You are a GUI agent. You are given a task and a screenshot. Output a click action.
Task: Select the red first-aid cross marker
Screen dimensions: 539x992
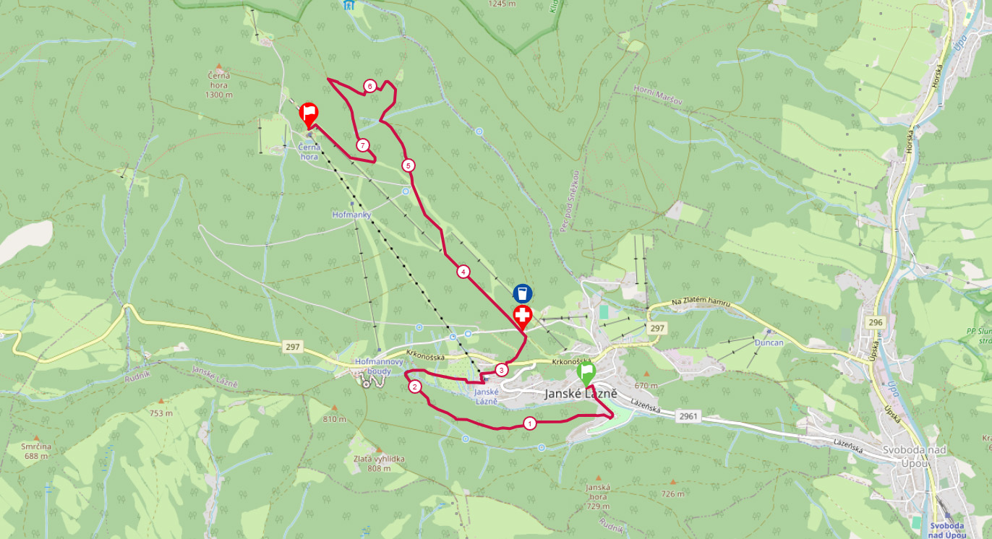tap(523, 316)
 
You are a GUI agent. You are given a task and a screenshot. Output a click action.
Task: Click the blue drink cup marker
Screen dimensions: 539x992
tap(523, 293)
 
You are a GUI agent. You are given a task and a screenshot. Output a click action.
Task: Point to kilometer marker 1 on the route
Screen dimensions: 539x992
tap(530, 423)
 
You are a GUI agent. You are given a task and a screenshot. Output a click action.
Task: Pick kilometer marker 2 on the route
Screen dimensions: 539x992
tap(415, 387)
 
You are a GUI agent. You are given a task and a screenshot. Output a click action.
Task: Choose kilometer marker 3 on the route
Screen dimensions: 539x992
tap(502, 370)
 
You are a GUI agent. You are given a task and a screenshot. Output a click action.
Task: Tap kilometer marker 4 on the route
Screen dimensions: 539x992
tap(463, 272)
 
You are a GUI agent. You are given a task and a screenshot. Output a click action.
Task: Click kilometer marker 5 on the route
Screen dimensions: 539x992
tap(409, 165)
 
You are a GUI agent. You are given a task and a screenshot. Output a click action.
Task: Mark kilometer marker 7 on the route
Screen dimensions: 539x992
tap(363, 145)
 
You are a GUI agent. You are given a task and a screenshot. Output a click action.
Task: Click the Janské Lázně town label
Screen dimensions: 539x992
tap(580, 394)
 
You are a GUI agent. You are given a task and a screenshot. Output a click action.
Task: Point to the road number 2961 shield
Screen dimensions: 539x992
tap(688, 417)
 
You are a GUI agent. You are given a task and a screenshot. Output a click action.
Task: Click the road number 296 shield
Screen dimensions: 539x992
tap(877, 322)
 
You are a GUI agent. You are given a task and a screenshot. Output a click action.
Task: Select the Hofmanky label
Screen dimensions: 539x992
tap(351, 215)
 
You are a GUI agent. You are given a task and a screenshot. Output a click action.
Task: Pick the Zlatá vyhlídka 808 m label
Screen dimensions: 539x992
tap(378, 463)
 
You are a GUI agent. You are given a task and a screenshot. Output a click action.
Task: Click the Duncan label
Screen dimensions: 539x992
tap(769, 342)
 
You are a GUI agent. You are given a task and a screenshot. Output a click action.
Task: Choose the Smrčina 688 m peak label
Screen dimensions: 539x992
tap(36, 451)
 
